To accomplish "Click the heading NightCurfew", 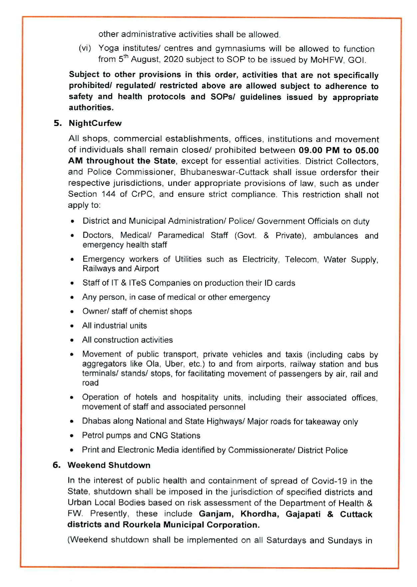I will (95, 123).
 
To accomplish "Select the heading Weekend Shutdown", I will (109, 465).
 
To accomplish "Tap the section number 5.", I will (58, 123).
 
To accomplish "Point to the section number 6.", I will (57, 465).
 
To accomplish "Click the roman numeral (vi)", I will (85, 49).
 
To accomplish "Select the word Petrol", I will (93, 436).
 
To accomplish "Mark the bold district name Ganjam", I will (216, 514).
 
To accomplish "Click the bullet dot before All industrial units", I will (72, 326).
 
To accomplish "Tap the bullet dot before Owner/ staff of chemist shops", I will (72, 312).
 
